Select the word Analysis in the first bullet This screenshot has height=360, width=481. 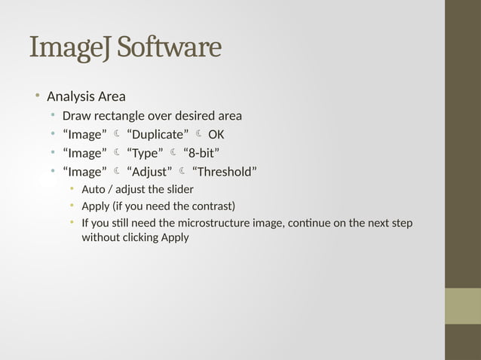[70, 96]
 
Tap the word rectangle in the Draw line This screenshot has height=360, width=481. [120, 116]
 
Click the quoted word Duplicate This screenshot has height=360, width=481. [158, 135]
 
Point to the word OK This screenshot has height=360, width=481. [216, 135]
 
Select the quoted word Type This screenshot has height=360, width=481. [146, 154]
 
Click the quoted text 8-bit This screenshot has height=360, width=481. [201, 154]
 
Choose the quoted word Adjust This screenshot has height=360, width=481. [149, 172]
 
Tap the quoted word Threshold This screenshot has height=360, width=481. [225, 172]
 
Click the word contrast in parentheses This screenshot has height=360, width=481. [210, 206]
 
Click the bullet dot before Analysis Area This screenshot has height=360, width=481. [35, 96]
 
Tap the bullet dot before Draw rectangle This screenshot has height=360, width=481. [53, 115]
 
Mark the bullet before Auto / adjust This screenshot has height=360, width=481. [72, 188]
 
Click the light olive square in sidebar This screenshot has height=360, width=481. [462, 306]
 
